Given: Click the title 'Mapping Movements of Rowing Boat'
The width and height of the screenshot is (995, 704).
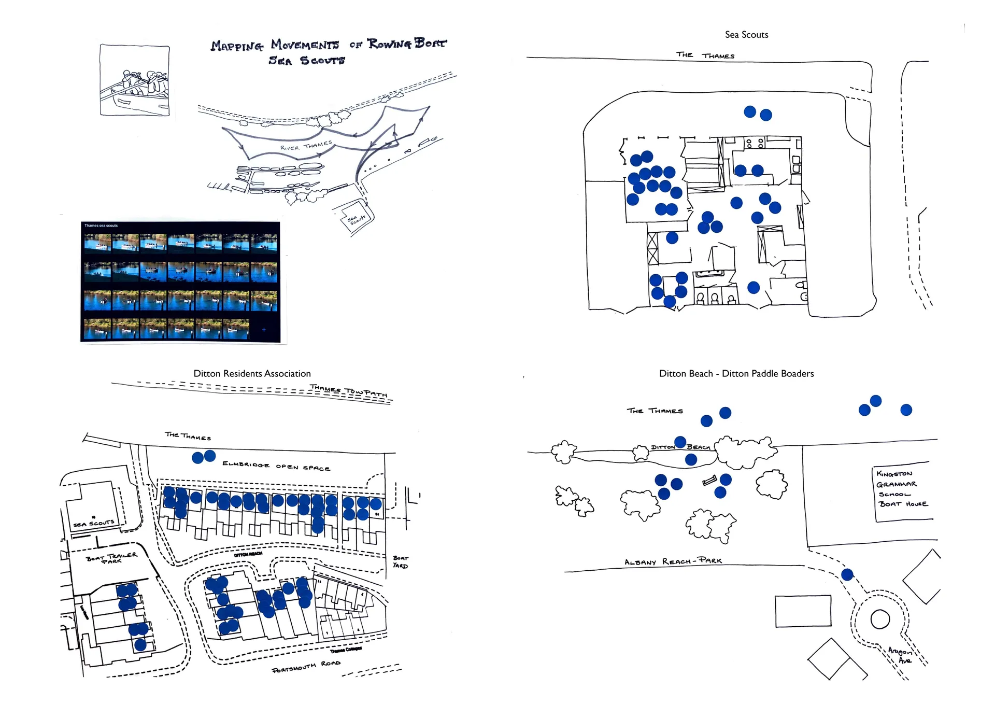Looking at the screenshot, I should pos(328,45).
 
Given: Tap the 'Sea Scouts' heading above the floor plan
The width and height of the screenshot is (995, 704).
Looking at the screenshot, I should pos(746,35).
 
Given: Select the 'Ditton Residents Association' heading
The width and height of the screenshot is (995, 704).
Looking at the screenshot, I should pos(252,373).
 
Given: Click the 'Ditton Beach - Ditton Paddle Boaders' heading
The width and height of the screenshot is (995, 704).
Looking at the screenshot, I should pos(736,373).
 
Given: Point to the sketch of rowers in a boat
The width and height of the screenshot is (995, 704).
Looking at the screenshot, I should pos(135,81).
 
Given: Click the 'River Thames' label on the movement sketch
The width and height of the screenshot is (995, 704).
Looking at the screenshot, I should pos(306,146).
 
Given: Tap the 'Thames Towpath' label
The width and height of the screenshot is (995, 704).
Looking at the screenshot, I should pos(348,391).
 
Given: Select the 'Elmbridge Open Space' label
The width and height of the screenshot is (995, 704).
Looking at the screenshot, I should pos(276,466).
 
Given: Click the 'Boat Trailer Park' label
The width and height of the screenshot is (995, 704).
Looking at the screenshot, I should pos(111,558).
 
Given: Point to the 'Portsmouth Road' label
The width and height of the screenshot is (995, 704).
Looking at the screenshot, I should pos(306,667).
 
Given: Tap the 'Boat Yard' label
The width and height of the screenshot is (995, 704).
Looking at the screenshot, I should pos(400,562).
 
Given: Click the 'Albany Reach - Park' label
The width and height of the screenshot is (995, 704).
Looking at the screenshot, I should pos(673,561).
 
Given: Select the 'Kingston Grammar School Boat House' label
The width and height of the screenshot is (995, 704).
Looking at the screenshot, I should pos(901,488).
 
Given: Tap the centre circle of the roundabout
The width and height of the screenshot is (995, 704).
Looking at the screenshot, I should pos(880,619).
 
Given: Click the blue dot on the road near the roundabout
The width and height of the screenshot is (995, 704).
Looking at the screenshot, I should pos(847,574).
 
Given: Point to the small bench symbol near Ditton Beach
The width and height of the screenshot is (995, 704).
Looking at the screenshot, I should pos(709,481).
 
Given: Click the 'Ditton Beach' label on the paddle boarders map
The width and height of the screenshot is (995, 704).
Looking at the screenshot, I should pos(680,447).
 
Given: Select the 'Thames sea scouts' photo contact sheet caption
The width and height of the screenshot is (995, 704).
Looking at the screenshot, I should pos(101,226).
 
